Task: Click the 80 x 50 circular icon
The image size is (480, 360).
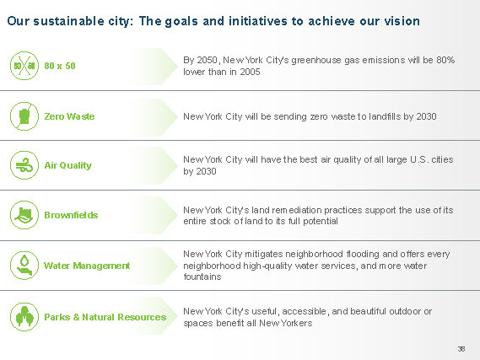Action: (x=24, y=66)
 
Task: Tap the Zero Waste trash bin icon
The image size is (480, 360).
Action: (x=24, y=116)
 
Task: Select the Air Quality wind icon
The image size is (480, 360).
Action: (x=24, y=165)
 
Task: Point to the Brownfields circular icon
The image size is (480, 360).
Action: (x=24, y=215)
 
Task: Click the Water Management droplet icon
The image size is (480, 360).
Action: (x=24, y=266)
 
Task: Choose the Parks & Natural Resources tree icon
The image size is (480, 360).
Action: (x=24, y=316)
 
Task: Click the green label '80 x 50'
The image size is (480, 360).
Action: (x=60, y=66)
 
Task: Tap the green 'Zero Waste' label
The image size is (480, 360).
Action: (x=69, y=116)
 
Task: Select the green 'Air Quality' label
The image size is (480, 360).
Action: (x=68, y=165)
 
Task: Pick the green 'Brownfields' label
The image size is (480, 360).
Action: (x=71, y=215)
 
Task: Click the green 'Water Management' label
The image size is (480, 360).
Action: (x=87, y=266)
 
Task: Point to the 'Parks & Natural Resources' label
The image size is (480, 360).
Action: (x=105, y=317)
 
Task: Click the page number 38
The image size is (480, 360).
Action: (x=461, y=349)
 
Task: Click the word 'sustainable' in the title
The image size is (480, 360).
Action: (x=68, y=21)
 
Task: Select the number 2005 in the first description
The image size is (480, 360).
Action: (x=250, y=72)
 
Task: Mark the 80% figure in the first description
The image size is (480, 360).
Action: (x=445, y=60)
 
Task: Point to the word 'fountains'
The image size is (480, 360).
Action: (x=202, y=277)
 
